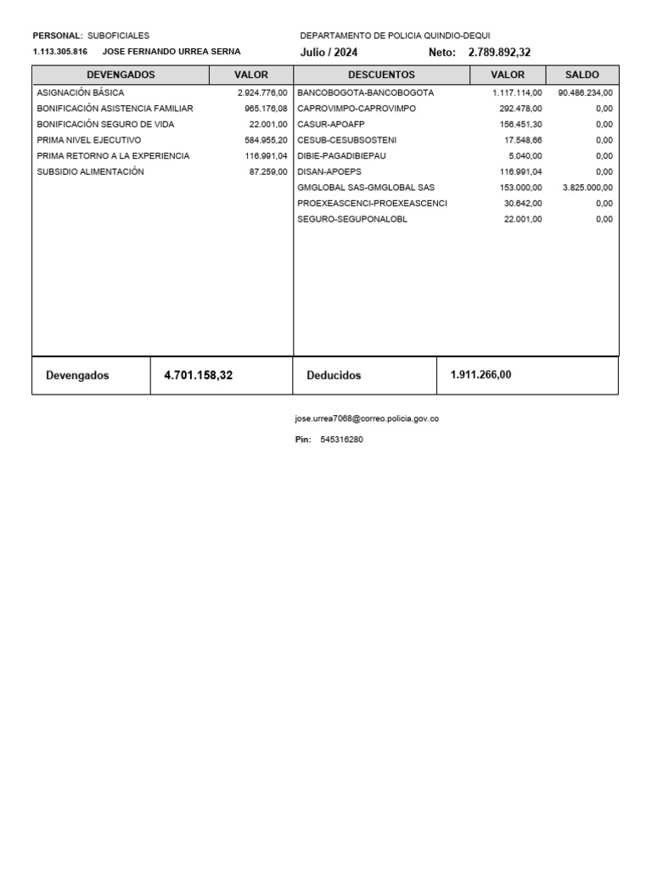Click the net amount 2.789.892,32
(499, 52)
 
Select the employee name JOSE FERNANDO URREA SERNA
(171, 51)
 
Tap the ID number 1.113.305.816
(60, 51)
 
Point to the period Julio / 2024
(329, 52)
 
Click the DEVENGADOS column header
(121, 75)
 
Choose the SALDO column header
(582, 75)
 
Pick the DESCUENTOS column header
(381, 75)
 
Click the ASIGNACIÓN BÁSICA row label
(81, 92)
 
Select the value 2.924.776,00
(262, 92)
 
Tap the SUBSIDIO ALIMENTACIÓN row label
(91, 171)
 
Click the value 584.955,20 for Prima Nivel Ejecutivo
(266, 140)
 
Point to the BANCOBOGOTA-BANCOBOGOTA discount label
(365, 92)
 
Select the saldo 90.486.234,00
(585, 92)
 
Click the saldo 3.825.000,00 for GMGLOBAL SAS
(587, 188)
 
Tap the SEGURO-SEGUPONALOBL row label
(352, 219)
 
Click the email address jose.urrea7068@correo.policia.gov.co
(367, 418)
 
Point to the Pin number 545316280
(342, 440)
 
